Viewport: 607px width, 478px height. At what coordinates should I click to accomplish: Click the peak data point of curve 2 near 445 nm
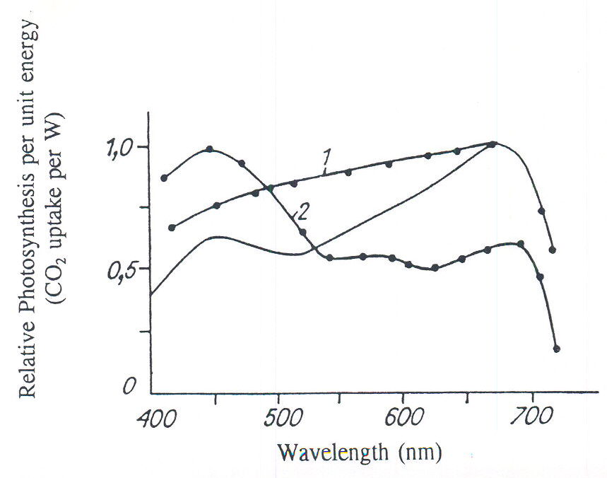pyautogui.click(x=210, y=149)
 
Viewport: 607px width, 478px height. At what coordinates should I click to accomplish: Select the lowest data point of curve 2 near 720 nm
pyautogui.click(x=557, y=349)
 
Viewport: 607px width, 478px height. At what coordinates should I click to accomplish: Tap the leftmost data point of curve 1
pyautogui.click(x=172, y=227)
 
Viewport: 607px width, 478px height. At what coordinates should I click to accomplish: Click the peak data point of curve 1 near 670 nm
pyautogui.click(x=493, y=144)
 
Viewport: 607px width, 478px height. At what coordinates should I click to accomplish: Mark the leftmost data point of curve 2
pyautogui.click(x=164, y=177)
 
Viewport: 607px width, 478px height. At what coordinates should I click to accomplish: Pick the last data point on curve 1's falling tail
pyautogui.click(x=553, y=250)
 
